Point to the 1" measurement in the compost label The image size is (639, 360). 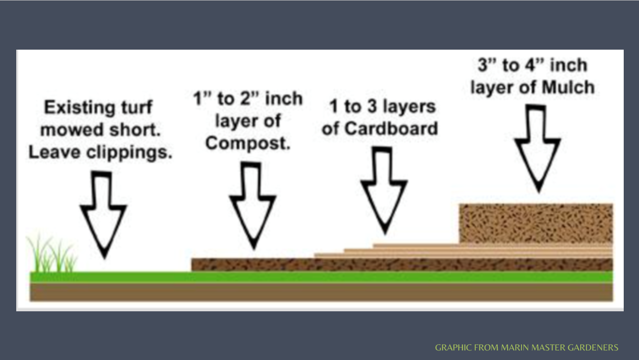201,99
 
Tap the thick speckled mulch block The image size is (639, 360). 536,223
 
